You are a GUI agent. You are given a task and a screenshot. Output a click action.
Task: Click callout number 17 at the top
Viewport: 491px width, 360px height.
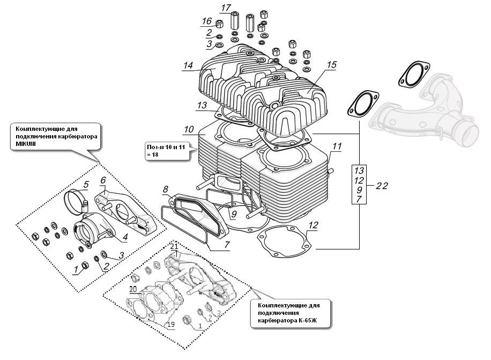[226, 8]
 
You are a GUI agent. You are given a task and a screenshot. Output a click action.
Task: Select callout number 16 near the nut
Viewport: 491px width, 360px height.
[207, 21]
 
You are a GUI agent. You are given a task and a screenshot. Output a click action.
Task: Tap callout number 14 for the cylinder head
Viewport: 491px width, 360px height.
[188, 65]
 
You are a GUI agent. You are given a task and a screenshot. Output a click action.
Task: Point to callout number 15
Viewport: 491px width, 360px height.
[332, 65]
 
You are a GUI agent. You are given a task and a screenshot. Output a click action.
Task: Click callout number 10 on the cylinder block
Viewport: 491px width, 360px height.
[189, 129]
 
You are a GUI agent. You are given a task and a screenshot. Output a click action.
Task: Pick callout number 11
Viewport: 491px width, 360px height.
[337, 146]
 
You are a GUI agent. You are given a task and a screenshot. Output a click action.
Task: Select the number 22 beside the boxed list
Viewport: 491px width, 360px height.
[382, 186]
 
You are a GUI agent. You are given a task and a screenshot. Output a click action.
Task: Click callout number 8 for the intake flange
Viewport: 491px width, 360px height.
[165, 189]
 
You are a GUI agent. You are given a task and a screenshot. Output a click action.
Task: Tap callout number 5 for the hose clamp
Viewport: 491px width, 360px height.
[86, 185]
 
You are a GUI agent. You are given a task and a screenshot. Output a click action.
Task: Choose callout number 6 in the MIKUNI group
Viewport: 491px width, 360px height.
[103, 180]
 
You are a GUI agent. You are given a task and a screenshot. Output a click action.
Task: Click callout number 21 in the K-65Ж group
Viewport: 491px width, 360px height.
[174, 247]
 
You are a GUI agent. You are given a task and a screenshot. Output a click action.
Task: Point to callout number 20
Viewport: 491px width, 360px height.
[133, 289]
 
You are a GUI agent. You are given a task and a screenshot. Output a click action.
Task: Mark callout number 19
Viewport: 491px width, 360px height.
[171, 324]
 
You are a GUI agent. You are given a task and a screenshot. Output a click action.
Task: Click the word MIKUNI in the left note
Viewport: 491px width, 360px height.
[26, 144]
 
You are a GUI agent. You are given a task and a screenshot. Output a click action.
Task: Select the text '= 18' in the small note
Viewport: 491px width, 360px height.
[153, 155]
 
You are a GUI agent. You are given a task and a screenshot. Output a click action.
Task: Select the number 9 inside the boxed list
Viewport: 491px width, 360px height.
[359, 190]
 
